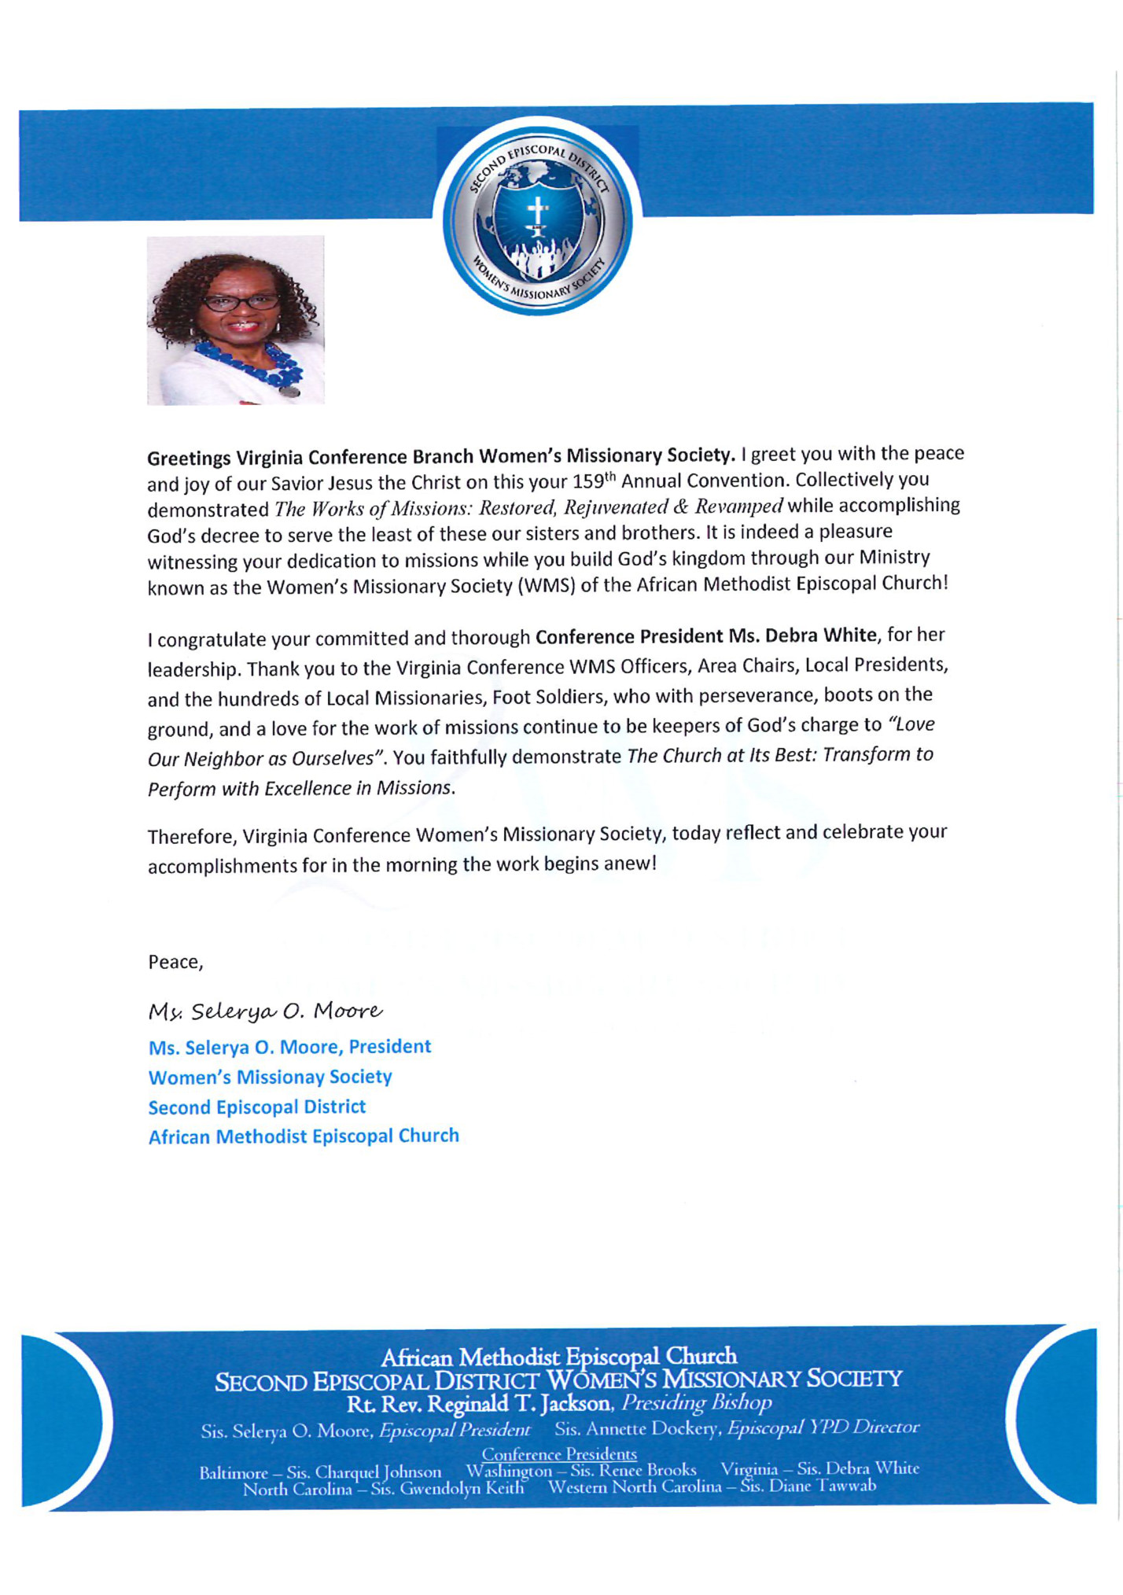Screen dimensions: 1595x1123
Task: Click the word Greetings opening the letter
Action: point(189,458)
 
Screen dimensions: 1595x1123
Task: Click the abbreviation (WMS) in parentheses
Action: point(546,586)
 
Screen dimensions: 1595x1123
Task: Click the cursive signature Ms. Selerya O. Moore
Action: point(265,1011)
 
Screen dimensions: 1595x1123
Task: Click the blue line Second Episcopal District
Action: point(257,1107)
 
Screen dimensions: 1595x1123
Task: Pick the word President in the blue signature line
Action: point(389,1046)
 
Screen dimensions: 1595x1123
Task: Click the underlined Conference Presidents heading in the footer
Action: point(559,1454)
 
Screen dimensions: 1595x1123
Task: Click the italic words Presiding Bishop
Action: point(697,1403)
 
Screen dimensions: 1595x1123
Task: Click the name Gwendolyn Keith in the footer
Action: point(461,1488)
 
